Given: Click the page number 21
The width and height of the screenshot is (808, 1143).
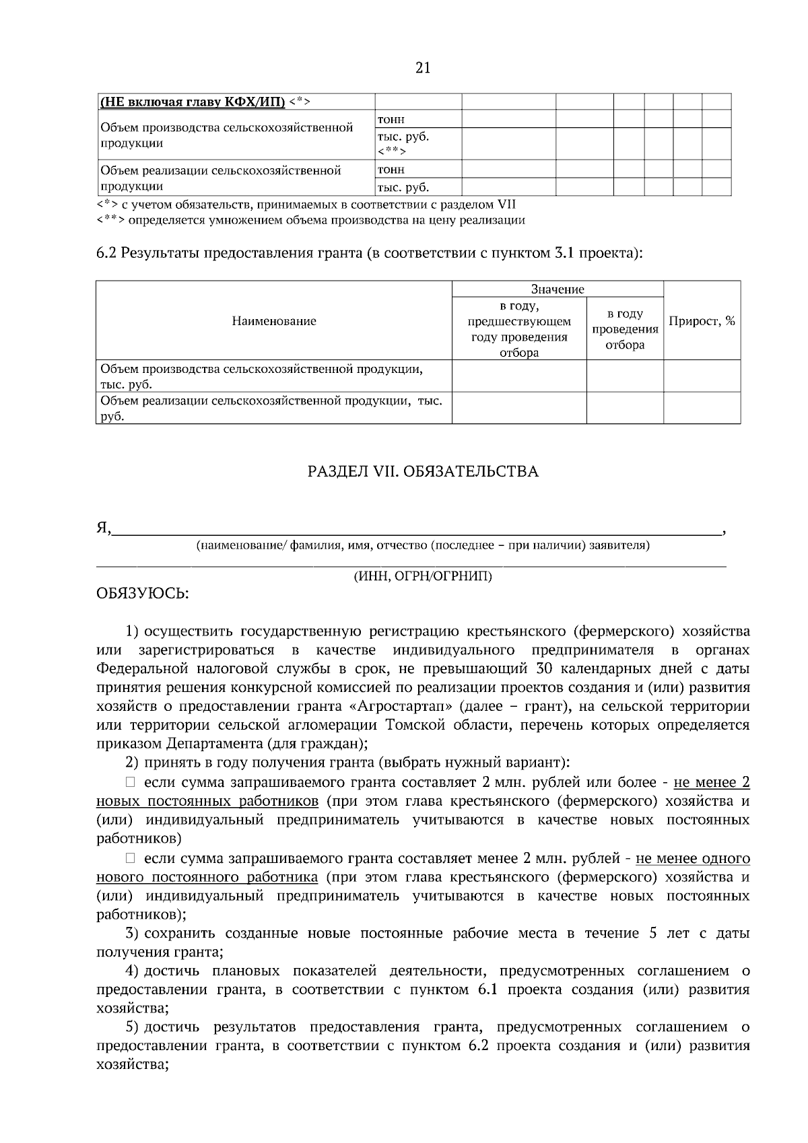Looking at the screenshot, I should (x=423, y=68).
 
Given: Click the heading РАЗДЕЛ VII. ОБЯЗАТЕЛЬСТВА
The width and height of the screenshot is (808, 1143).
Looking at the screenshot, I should (x=423, y=471).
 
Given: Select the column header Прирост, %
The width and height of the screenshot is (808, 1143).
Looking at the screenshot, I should (x=702, y=321).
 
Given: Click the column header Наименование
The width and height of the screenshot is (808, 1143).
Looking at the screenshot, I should (x=273, y=321).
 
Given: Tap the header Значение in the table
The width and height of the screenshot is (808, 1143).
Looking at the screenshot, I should (x=558, y=289).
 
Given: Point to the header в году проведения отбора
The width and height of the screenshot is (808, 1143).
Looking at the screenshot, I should (x=625, y=329).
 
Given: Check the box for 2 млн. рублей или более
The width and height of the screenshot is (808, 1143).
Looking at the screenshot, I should (x=131, y=782).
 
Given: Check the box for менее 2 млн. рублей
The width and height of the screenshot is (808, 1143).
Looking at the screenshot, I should (x=131, y=858).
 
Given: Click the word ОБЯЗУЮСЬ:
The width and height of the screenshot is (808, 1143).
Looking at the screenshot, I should (x=143, y=594).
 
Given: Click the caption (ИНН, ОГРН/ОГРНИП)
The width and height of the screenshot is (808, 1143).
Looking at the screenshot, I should (x=423, y=577).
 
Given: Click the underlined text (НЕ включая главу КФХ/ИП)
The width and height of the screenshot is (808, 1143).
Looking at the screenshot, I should (x=193, y=102).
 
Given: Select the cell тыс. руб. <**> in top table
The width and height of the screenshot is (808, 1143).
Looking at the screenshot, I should (x=417, y=143).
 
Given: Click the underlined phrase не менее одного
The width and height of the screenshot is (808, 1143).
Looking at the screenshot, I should (x=693, y=859).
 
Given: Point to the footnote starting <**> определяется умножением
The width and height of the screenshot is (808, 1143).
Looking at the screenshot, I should (x=311, y=220).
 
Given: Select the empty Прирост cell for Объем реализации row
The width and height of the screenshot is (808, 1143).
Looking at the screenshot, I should (x=702, y=409).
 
